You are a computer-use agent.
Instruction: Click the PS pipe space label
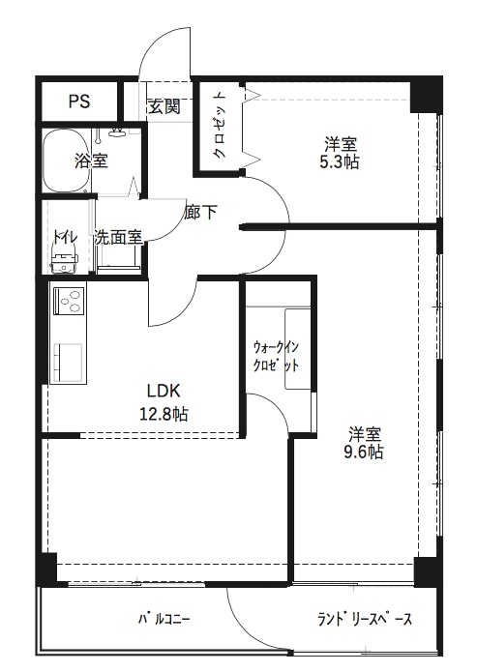coord(79,102)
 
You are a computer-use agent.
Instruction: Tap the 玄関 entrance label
coord(164,106)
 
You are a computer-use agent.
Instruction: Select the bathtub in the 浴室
coord(66,161)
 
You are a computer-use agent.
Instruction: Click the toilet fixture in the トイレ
coord(64,258)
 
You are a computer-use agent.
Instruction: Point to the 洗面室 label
coord(118,237)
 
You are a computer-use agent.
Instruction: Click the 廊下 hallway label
coord(200,212)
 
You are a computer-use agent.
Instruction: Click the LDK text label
coord(164,390)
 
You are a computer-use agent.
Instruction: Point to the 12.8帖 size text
coord(164,414)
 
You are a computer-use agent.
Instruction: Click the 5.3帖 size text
coord(340,162)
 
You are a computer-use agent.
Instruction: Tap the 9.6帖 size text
coord(364,452)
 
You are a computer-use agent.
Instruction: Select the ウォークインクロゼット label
coord(276,356)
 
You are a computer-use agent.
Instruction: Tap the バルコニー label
coord(164,619)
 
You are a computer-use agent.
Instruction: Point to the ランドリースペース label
coord(365,619)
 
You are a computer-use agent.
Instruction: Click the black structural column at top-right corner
coord(426,95)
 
